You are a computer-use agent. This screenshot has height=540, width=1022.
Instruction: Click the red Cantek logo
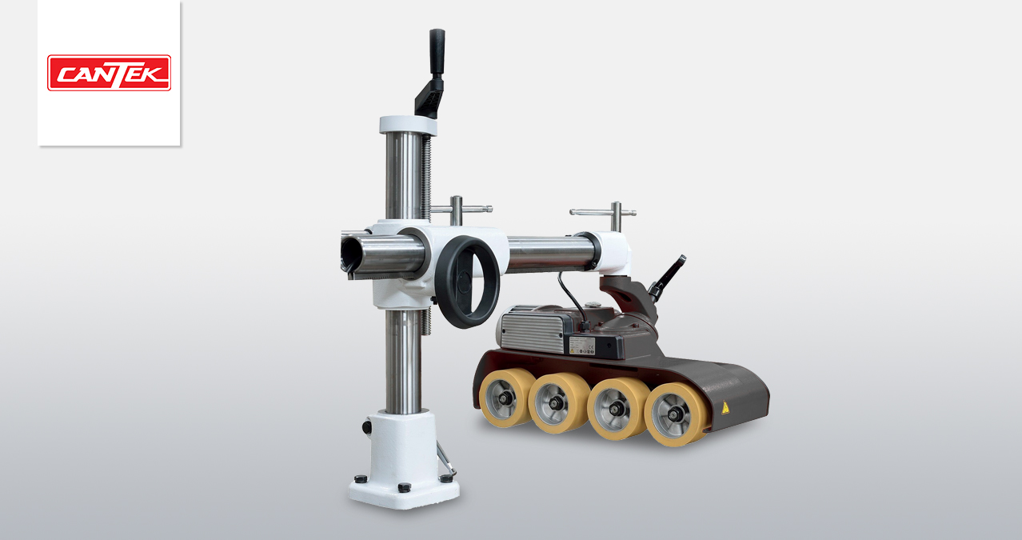click(x=109, y=73)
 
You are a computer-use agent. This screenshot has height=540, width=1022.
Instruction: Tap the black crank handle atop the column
click(x=432, y=73)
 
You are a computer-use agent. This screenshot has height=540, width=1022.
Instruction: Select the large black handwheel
click(x=467, y=282)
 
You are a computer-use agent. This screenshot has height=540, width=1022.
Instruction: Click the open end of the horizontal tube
click(x=350, y=256)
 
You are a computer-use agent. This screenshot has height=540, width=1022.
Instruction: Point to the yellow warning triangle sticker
click(x=725, y=408)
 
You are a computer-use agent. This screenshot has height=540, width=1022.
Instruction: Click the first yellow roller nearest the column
click(x=505, y=398)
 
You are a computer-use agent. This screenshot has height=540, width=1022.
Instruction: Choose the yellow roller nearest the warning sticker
click(x=677, y=414)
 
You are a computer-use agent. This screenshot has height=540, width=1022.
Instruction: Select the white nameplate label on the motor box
click(x=581, y=345)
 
